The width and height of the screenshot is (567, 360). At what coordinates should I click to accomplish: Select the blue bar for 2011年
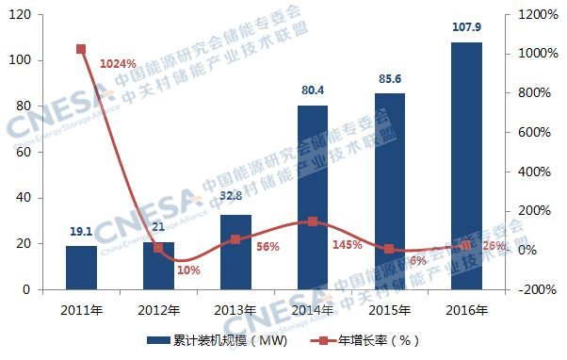point(81,268)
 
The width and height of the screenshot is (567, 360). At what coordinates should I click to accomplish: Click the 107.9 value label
point(466,28)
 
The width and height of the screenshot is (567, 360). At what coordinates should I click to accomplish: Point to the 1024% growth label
point(118,64)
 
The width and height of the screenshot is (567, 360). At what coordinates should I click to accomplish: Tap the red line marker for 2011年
point(81,49)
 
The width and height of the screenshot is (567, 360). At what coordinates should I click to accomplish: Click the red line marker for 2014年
point(313,221)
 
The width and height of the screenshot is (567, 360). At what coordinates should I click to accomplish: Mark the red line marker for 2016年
point(466,245)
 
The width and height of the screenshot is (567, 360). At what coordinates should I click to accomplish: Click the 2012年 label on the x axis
point(158,310)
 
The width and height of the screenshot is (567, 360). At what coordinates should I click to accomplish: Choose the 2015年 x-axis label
point(389,310)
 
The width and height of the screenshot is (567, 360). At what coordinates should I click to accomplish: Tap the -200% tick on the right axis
point(533,290)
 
